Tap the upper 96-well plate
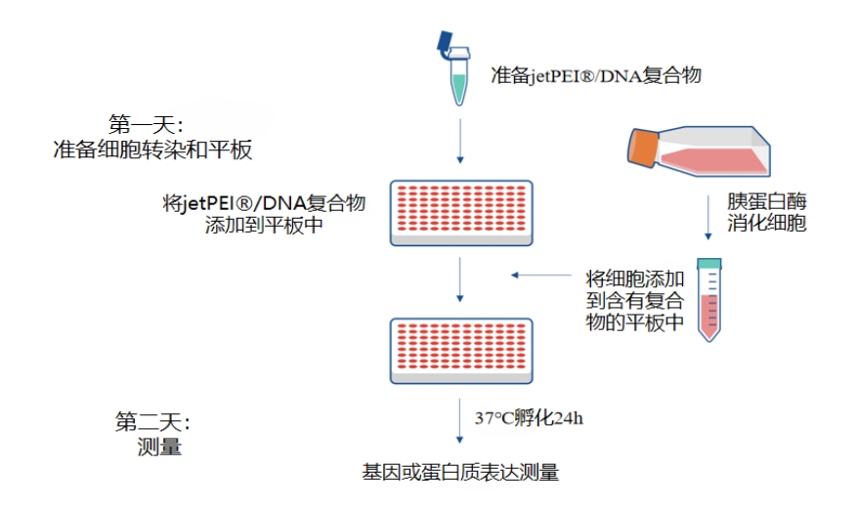[x=460, y=212]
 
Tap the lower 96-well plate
[x=460, y=351]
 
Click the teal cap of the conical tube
[x=708, y=263]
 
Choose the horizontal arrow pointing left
[x=541, y=276]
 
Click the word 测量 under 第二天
[x=159, y=447]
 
